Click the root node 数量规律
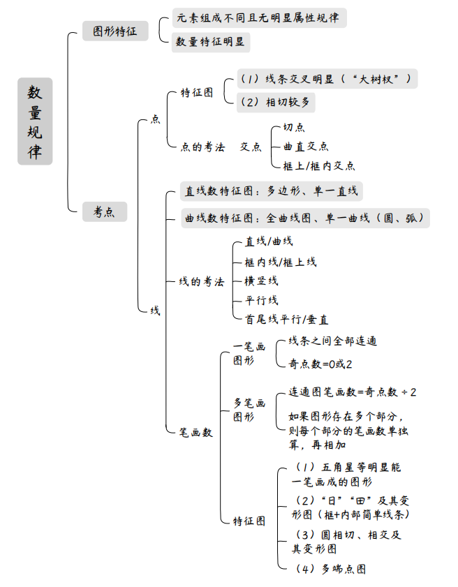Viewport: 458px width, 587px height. click(35, 121)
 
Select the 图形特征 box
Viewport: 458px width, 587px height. click(115, 31)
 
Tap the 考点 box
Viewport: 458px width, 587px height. click(105, 211)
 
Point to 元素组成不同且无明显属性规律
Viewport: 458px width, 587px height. click(258, 17)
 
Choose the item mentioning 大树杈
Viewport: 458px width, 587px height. click(326, 78)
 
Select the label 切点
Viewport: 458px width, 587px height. click(294, 128)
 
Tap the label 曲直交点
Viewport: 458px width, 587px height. click(306, 147)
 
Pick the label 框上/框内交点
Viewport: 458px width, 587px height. click(318, 165)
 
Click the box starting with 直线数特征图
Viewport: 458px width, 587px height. click(271, 191)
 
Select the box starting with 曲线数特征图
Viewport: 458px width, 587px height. click(304, 218)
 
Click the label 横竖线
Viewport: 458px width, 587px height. click(261, 281)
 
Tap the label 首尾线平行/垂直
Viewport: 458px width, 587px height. click(286, 319)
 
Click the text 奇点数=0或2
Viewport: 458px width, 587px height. click(320, 364)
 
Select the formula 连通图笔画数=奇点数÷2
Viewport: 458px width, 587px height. click(353, 392)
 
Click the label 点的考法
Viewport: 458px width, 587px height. click(202, 147)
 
